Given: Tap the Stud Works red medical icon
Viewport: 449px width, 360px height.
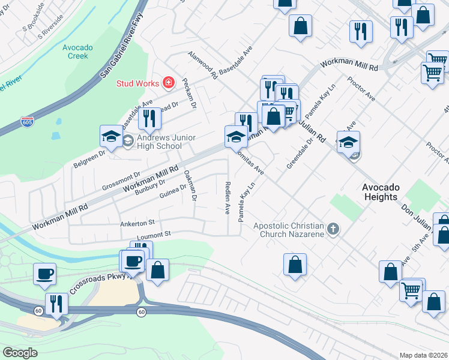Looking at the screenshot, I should pyautogui.click(x=169, y=83).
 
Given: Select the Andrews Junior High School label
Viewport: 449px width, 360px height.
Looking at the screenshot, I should pyautogui.click(x=166, y=142).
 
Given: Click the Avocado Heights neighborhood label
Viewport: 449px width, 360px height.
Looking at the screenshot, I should pyautogui.click(x=380, y=192).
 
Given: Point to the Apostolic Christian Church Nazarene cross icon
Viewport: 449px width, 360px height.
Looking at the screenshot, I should pyautogui.click(x=334, y=229).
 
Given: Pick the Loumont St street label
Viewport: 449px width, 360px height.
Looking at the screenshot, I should pyautogui.click(x=154, y=233).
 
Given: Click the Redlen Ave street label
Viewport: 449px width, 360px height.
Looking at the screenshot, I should pyautogui.click(x=228, y=198).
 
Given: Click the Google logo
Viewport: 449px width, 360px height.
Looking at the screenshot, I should pyautogui.click(x=20, y=353).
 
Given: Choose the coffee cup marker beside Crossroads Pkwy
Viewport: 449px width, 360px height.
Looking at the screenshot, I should pyautogui.click(x=45, y=274).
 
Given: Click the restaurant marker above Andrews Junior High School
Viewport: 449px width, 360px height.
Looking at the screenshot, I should pyautogui.click(x=149, y=119).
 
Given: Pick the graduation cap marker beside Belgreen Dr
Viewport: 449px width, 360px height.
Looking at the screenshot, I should pyautogui.click(x=111, y=137).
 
